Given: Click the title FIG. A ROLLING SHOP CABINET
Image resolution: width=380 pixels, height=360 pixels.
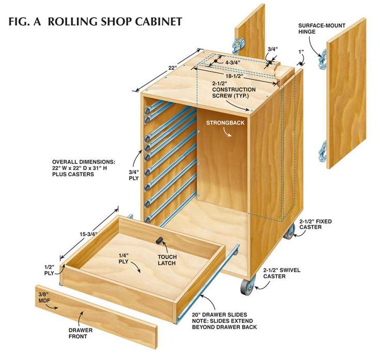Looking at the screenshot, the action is [x=95, y=22].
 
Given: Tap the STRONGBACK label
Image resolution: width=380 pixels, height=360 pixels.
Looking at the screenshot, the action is [x=226, y=122].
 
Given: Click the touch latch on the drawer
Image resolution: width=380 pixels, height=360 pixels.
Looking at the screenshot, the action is [x=159, y=241].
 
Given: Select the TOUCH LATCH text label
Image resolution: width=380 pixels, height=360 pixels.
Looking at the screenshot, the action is [x=167, y=260].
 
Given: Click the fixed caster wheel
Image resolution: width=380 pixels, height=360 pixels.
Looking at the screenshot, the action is [x=289, y=232].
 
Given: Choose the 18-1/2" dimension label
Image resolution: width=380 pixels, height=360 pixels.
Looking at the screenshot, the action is [x=234, y=76].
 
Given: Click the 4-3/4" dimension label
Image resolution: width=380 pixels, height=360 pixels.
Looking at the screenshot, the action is [x=233, y=62].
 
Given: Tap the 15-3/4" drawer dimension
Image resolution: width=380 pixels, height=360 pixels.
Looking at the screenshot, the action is [x=89, y=234].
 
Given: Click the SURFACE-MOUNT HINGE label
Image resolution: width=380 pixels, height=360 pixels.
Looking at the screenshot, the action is [x=322, y=28].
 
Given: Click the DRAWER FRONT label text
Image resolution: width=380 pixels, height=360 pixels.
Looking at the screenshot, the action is [x=81, y=333].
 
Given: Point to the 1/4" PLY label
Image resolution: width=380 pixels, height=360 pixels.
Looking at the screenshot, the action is [x=123, y=258].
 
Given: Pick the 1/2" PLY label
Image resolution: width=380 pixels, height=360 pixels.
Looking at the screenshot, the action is [x=49, y=270].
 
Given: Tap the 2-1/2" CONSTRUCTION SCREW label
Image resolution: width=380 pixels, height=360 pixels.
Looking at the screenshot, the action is [x=233, y=90].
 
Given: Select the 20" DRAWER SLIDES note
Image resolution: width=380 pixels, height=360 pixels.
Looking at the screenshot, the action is [x=225, y=321].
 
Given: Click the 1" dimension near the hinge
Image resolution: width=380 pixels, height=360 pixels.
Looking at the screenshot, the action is [x=301, y=52].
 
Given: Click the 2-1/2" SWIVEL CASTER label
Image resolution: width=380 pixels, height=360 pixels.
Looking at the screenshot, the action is [x=282, y=273].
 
